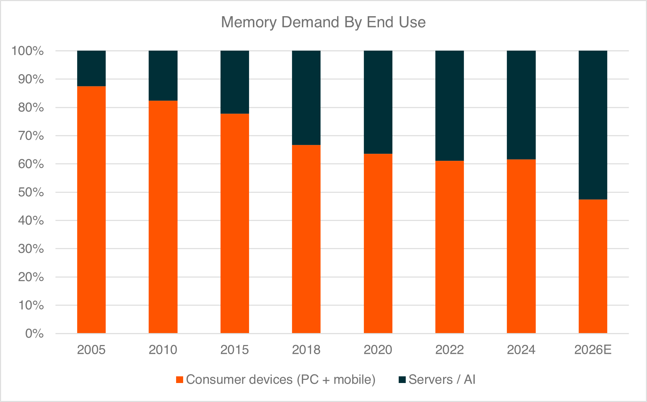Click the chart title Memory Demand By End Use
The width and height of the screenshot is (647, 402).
[323, 22]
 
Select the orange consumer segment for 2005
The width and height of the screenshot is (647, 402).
[91, 210]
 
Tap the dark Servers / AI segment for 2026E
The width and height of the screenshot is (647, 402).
[593, 125]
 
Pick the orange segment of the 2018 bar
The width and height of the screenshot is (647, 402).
[306, 239]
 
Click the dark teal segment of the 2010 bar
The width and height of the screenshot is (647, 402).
[163, 76]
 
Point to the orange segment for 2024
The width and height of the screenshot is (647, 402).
[521, 246]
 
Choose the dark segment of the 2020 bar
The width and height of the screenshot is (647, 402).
[378, 102]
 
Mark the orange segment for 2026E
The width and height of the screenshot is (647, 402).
[593, 266]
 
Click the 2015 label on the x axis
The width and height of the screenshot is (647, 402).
[235, 350]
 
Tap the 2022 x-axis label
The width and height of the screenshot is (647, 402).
[449, 350]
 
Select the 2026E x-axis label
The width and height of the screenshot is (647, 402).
[593, 350]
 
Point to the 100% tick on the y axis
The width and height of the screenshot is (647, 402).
[27, 51]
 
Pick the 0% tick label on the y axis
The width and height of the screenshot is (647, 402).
[34, 333]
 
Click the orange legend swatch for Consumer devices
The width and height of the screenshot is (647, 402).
[180, 380]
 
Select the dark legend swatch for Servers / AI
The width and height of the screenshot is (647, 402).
[402, 380]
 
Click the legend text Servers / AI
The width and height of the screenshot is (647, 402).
[442, 380]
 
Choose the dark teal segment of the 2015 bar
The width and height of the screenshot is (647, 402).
[235, 82]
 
